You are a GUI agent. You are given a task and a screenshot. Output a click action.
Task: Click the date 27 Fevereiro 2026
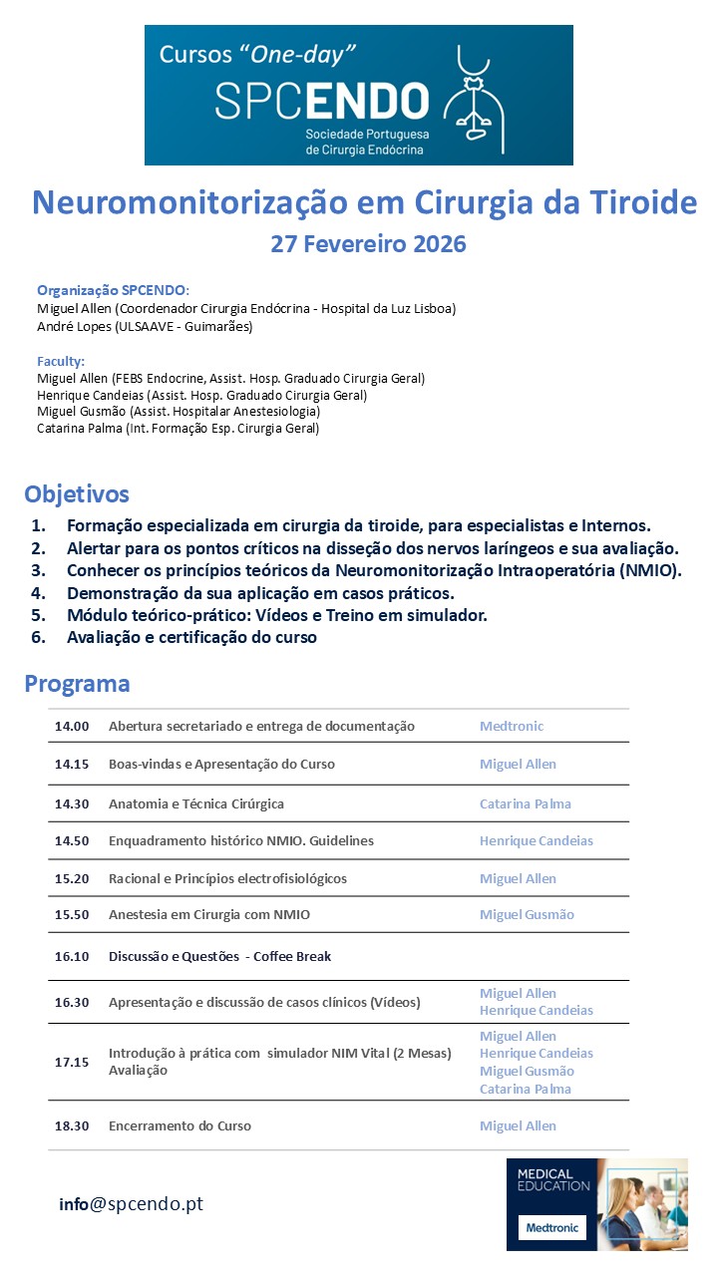click(x=368, y=244)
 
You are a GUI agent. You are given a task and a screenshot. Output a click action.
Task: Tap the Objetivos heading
click(x=77, y=493)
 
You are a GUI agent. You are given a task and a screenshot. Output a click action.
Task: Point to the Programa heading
click(x=77, y=683)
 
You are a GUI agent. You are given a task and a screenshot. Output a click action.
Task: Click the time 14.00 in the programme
click(x=72, y=726)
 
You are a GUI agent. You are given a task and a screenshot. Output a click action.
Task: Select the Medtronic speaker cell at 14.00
click(x=512, y=726)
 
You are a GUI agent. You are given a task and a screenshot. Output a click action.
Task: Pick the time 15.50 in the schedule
click(x=72, y=914)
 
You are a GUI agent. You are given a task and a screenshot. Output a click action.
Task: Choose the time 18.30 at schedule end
click(x=72, y=1125)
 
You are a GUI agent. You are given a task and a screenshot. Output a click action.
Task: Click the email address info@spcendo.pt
click(x=131, y=1203)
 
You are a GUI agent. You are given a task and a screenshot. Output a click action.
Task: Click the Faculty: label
click(x=61, y=361)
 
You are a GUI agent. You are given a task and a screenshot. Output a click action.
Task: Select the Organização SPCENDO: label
click(x=113, y=290)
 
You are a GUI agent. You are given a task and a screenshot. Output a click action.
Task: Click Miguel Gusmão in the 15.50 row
click(x=527, y=914)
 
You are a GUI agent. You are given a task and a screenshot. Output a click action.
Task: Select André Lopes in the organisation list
click(x=70, y=326)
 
